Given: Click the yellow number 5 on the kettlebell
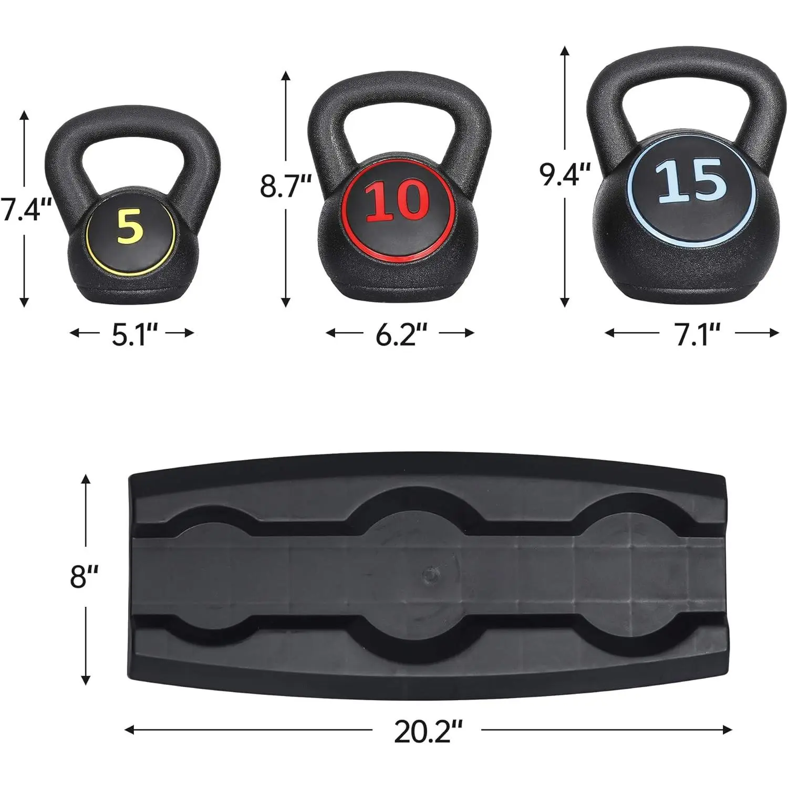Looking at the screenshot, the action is coord(130,226).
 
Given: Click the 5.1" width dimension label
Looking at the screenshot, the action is coord(135,333).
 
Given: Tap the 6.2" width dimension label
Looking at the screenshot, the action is coord(400,333).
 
